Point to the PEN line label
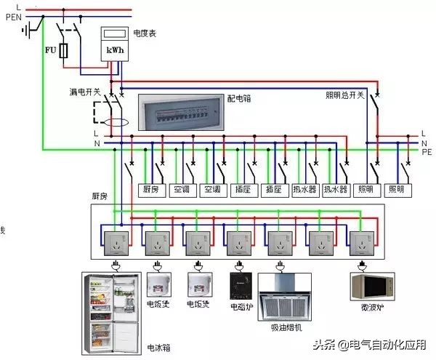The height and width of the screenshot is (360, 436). click(x=14, y=17)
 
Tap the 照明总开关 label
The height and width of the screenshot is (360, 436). click(x=344, y=95)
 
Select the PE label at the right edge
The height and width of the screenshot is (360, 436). click(x=427, y=152)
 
